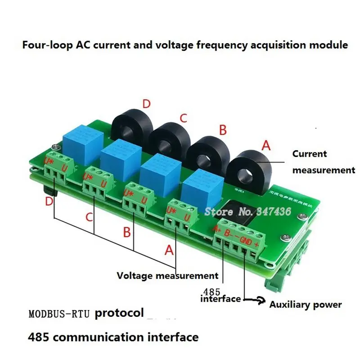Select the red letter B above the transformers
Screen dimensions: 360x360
click(223, 130)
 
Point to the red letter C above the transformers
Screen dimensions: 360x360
click(183, 118)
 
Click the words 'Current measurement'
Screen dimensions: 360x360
click(324, 162)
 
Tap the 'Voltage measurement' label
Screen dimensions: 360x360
click(167, 275)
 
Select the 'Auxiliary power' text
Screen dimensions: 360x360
click(305, 305)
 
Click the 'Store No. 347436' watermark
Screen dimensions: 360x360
click(248, 211)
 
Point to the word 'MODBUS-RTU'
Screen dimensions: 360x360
click(59, 313)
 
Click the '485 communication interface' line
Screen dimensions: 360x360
click(113, 337)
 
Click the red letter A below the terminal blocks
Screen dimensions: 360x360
click(169, 250)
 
